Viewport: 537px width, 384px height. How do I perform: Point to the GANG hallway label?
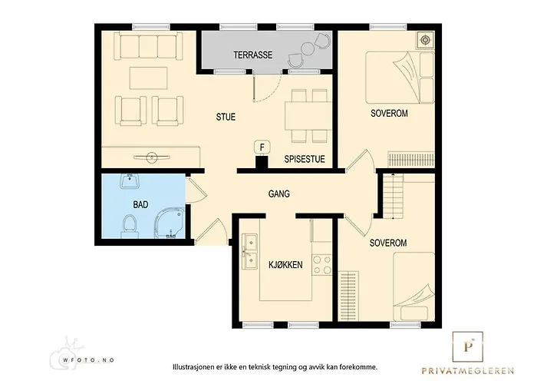[278, 194]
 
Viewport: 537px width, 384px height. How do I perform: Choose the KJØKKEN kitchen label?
[285, 265]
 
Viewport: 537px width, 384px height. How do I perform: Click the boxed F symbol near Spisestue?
[262, 147]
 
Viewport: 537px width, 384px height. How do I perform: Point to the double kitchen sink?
[249, 253]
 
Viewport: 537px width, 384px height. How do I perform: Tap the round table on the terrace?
[307, 49]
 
